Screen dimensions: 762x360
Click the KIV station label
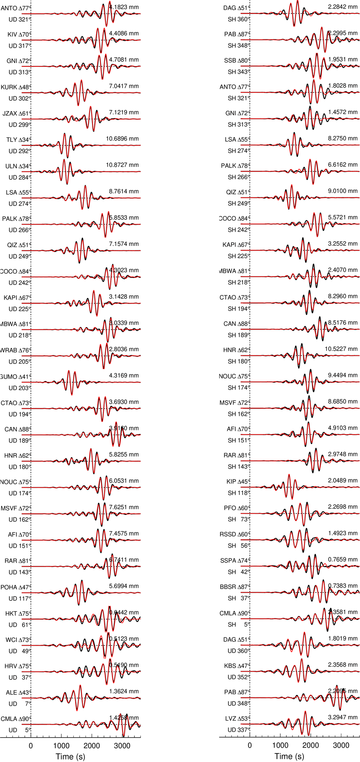12,35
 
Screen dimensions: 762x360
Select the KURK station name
9,87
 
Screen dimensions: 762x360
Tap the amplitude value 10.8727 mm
122,165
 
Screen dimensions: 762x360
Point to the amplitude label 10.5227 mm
341,349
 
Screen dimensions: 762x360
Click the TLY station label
12,140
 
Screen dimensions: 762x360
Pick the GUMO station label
9,377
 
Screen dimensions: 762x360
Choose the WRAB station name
9,350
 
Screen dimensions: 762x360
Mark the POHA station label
9,587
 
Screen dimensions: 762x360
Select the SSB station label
230,61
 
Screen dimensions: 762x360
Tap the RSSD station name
228,534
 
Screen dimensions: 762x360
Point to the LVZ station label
230,719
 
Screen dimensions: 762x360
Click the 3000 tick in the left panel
122,746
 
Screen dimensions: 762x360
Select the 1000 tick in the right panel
280,746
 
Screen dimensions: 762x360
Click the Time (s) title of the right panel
289,756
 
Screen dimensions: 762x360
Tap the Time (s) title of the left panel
70,756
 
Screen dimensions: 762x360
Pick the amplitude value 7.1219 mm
124,112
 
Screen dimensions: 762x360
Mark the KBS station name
230,666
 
